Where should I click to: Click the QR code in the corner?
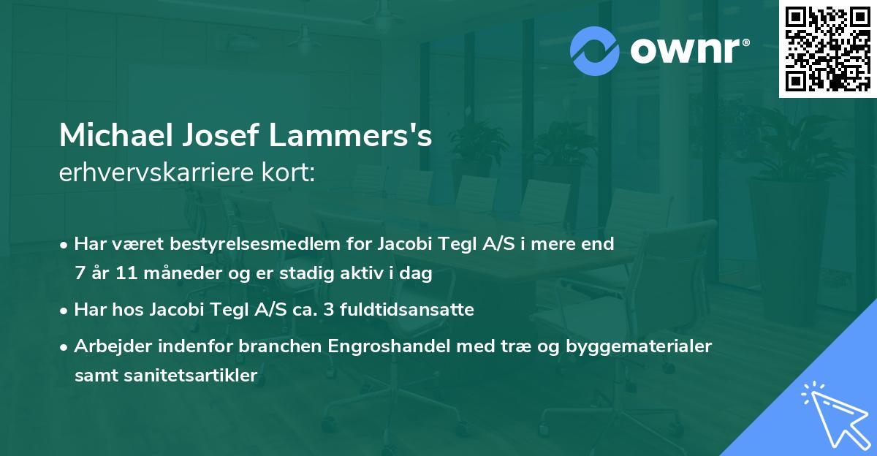coord(827,48)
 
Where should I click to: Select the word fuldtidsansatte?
coord(414,310)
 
